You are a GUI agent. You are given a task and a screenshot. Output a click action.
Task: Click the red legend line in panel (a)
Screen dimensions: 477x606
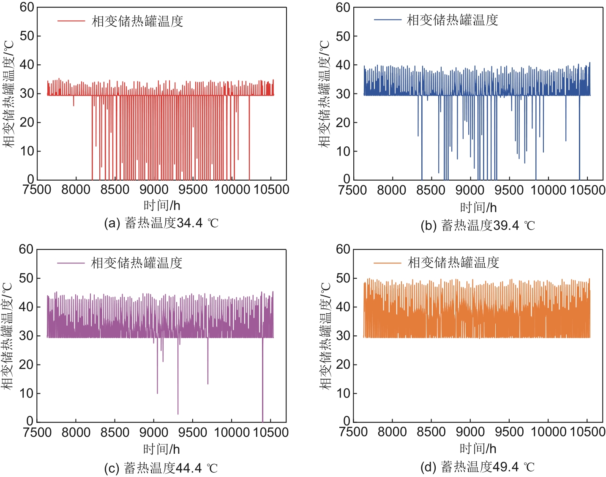pos(71,21)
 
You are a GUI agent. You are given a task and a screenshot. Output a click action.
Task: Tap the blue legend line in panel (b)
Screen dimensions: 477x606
pos(387,20)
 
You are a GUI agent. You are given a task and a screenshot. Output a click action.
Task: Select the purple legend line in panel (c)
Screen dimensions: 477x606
pos(71,263)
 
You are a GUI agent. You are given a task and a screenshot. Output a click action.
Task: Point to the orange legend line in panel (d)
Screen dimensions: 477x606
pos(387,263)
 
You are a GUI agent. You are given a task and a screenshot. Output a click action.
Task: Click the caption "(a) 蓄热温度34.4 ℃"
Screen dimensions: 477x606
pos(161,223)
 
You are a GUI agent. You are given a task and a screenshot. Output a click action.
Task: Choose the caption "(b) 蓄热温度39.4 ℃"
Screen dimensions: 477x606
pos(478,225)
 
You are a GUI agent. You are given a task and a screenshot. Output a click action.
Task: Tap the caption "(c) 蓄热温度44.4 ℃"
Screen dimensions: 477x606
pos(161,468)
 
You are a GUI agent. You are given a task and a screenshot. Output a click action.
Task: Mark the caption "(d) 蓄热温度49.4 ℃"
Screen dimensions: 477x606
pos(478,467)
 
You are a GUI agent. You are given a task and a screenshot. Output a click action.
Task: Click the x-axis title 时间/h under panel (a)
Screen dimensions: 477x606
pos(162,206)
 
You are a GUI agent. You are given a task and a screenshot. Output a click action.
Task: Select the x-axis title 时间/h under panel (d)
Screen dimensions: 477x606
pos(478,448)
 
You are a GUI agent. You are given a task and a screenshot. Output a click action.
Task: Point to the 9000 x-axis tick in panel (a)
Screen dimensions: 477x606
pos(154,189)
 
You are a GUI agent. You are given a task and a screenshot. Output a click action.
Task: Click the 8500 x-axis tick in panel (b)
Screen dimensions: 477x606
pos(431,190)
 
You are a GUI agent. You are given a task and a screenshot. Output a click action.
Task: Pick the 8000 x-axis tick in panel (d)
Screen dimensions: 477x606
pos(392,432)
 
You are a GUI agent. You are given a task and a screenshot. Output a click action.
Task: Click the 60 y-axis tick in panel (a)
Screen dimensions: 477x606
pos(27,7)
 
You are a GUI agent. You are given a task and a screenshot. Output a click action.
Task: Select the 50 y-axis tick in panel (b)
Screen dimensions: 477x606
pos(343,36)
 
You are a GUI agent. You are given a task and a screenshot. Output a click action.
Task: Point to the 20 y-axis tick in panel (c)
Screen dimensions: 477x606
pos(26,365)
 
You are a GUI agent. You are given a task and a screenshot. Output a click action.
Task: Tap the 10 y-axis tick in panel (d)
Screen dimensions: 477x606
pos(343,393)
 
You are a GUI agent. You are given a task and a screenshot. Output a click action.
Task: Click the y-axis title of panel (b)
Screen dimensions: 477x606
pos(325,94)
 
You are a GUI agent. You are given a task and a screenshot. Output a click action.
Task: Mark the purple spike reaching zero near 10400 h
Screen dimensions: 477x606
pos(262,381)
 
